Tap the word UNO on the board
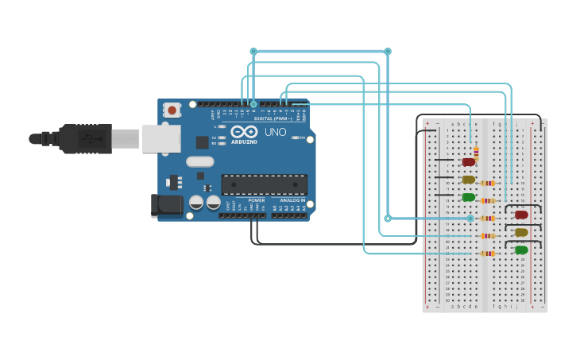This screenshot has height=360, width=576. tap(275, 132)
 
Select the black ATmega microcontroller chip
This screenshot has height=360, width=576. tap(264, 184)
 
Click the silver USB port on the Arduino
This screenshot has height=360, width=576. tap(162, 138)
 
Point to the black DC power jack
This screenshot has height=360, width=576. tap(167, 205)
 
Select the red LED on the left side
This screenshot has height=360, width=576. tap(469, 162)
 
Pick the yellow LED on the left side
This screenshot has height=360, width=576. tap(469, 180)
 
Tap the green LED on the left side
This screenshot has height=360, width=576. tap(469, 197)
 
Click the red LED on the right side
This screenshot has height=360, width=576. tap(522, 215)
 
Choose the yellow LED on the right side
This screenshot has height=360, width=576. tap(521, 232)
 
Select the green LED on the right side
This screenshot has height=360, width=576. tap(521, 250)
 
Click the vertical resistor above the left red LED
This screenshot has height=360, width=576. tap(476, 151)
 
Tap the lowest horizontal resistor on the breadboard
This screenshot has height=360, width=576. tap(486, 253)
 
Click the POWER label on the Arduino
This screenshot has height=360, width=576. tap(256, 200)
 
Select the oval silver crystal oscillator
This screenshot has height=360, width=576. tap(200, 161)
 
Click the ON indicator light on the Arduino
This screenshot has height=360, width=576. tap(296, 137)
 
